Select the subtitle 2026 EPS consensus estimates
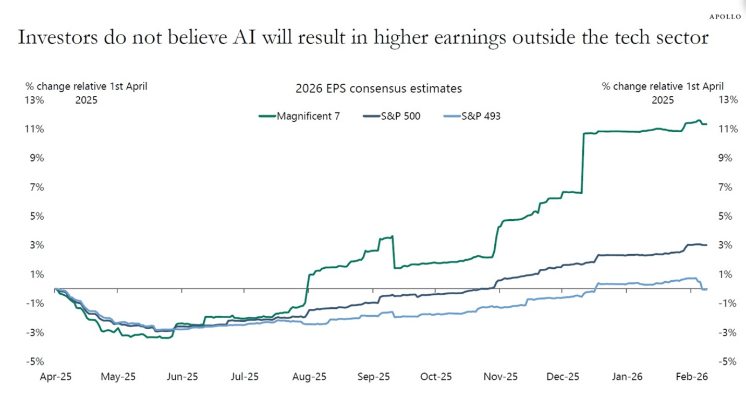[x=378, y=89]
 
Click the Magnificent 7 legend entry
[x=308, y=116]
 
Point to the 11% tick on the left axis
[x=33, y=129]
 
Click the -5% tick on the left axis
[x=34, y=362]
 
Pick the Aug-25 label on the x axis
[x=309, y=377]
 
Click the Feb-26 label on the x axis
[x=690, y=377]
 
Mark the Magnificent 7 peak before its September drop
[x=392, y=236]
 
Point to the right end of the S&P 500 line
[x=706, y=245]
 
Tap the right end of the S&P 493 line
[x=706, y=289]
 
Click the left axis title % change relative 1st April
[x=86, y=86]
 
